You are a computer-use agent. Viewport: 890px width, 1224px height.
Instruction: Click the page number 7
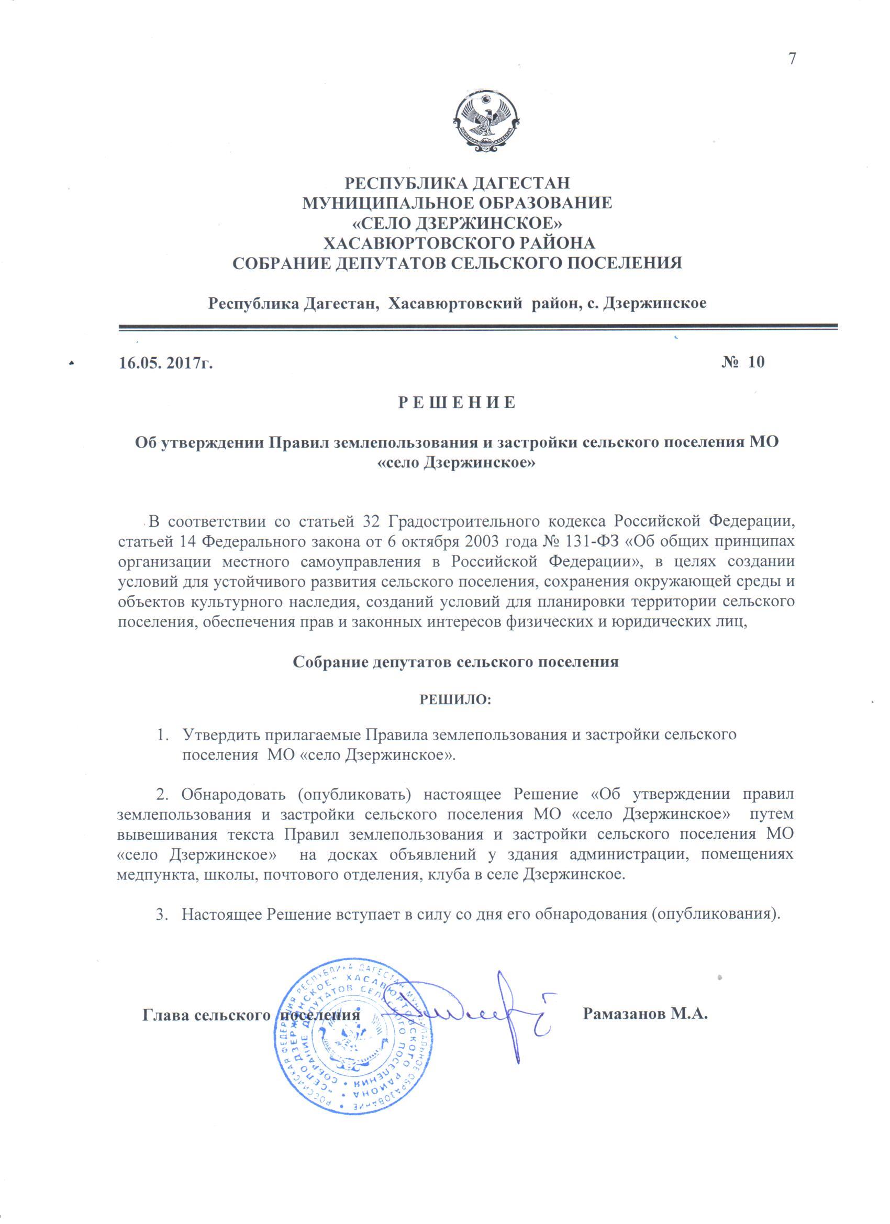[x=792, y=59]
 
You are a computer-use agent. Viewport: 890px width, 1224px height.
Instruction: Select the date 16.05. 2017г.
[x=165, y=362]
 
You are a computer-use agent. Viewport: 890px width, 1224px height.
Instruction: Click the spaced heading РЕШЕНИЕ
[x=457, y=403]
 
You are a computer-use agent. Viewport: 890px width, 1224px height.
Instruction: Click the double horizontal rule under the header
[x=477, y=327]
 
